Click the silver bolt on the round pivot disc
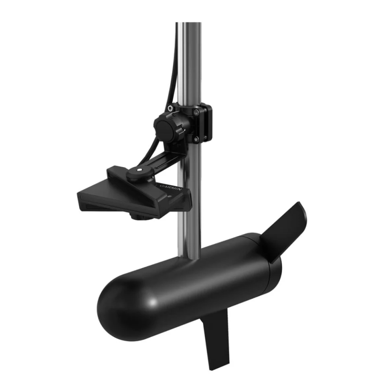[137, 171]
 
